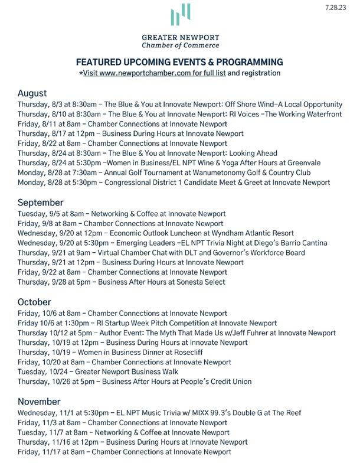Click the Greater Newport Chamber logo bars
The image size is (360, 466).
pos(180,16)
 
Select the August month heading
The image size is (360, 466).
pos(32,93)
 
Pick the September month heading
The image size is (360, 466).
pos(40,203)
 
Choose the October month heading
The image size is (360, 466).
pos(35,302)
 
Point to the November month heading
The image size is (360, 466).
pos(40,402)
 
